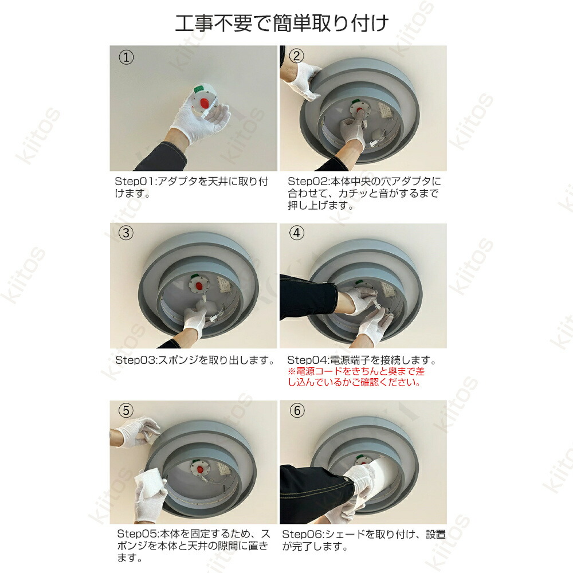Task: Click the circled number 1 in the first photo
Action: (x=126, y=57)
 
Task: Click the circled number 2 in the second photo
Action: (x=296, y=56)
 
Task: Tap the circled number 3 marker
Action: (x=126, y=233)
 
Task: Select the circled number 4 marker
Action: (x=296, y=233)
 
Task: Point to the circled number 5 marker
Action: (x=126, y=410)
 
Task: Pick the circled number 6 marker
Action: (x=297, y=410)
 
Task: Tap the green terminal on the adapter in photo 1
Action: (x=199, y=89)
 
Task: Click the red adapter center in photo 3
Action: (x=198, y=285)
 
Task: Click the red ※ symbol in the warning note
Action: (x=291, y=372)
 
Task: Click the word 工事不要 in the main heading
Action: (x=213, y=23)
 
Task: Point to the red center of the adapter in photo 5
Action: (x=199, y=469)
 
